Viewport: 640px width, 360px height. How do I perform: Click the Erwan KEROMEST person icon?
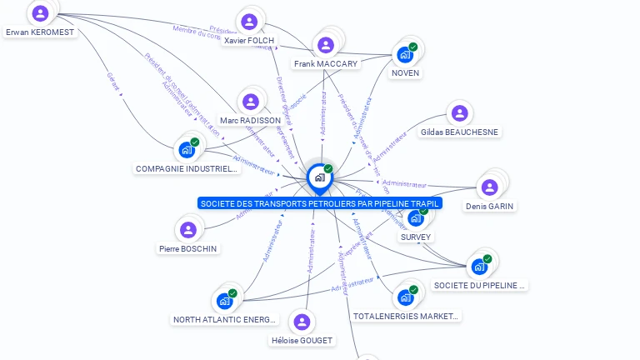[40, 13]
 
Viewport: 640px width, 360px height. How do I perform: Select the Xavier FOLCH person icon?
[248, 22]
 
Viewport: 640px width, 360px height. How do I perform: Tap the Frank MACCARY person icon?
[326, 45]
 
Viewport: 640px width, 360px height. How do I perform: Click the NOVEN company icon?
[405, 55]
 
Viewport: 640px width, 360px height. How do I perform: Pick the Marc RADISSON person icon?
[250, 102]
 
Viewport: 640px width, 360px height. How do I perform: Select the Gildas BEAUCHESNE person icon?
[458, 114]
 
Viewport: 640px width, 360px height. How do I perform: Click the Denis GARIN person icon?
[489, 187]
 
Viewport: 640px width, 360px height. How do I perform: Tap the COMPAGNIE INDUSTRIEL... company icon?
[187, 151]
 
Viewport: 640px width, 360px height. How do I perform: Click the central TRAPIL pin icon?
[319, 177]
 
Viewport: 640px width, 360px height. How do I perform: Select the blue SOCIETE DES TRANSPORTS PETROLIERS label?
[320, 202]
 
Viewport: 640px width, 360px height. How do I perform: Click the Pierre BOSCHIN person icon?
[188, 229]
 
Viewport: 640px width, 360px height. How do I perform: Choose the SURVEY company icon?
[415, 218]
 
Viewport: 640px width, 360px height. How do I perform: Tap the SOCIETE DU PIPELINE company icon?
[479, 267]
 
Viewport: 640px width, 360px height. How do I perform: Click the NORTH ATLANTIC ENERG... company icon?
[224, 301]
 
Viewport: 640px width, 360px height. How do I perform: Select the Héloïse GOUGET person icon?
[302, 322]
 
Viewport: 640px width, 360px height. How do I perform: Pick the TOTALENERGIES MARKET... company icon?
[405, 297]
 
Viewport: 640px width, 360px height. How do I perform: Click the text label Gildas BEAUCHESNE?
[459, 132]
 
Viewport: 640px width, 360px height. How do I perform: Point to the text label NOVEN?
[405, 73]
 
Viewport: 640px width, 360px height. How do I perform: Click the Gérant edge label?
[112, 81]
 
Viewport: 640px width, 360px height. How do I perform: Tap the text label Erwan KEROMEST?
[40, 32]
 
